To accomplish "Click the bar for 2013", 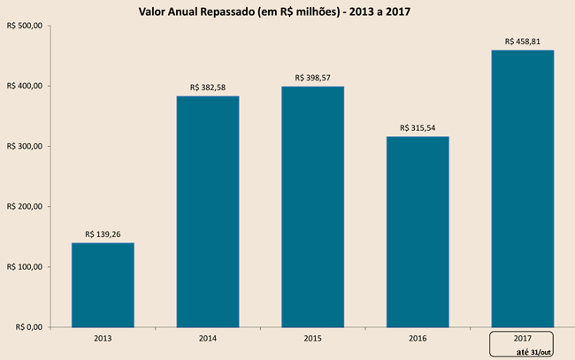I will click(103, 284).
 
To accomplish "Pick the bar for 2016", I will click(418, 231).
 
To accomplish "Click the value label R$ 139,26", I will click(103, 234).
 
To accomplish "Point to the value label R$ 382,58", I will click(208, 88).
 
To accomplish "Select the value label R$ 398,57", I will click(312, 78).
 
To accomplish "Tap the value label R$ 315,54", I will click(418, 128).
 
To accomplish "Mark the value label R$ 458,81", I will click(523, 41).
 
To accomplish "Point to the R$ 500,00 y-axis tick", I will click(24, 26).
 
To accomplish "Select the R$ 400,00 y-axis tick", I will click(24, 86).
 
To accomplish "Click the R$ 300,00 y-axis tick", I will click(24, 146).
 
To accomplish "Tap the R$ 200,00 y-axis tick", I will click(24, 206).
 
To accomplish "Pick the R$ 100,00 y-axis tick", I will click(24, 266).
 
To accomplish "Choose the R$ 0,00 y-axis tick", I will click(27, 326).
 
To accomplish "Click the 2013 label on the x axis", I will click(103, 338).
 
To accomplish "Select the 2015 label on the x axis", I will click(312, 338).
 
